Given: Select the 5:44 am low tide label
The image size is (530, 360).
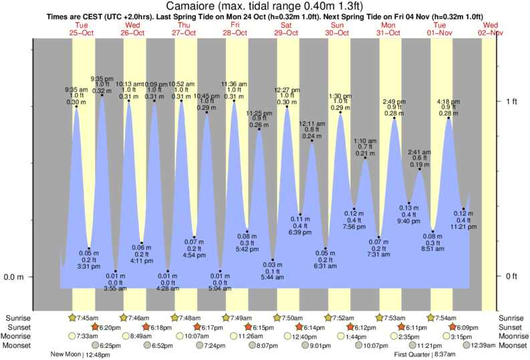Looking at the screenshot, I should (273, 271).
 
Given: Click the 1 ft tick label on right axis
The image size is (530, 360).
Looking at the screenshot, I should (511, 101).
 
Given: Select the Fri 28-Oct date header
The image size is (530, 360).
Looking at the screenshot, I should (235, 28).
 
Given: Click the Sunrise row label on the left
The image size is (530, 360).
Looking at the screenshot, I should (19, 318).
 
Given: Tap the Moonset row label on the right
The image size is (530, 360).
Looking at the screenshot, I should (512, 345).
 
